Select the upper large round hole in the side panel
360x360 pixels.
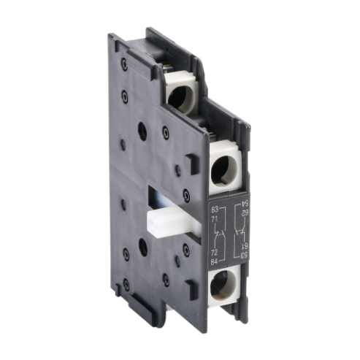(142, 132)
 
